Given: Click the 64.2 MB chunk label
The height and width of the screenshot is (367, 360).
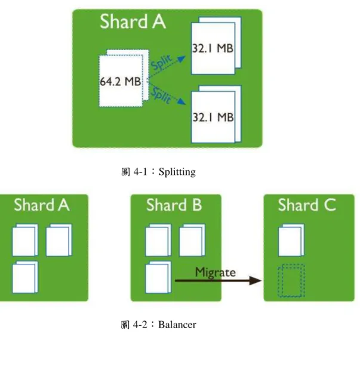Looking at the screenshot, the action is click(x=121, y=81).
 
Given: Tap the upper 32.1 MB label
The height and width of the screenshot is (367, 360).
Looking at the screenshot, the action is click(x=213, y=48).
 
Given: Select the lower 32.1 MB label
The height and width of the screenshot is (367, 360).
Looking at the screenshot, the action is click(x=213, y=117).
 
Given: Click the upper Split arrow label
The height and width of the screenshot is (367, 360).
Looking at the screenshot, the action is click(x=162, y=62).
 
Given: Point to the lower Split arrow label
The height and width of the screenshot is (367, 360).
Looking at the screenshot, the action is click(x=161, y=94).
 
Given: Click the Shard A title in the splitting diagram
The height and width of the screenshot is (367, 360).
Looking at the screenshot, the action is click(x=133, y=21).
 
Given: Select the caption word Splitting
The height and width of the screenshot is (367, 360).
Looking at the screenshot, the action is click(x=177, y=172).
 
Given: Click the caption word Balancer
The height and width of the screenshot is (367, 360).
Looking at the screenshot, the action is click(x=177, y=325).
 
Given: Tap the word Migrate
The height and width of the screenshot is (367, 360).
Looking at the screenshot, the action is click(x=216, y=273).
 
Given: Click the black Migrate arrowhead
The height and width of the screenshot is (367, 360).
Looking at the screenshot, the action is click(x=256, y=280).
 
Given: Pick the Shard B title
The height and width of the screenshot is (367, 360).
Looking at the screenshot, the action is click(x=174, y=205).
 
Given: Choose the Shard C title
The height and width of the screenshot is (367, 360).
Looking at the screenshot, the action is click(x=307, y=205).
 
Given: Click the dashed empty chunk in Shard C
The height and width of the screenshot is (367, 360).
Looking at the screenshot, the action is click(x=291, y=280).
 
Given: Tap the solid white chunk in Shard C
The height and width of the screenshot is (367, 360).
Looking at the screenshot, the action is click(x=291, y=240).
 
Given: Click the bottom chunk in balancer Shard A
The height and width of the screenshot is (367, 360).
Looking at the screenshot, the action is click(x=25, y=277).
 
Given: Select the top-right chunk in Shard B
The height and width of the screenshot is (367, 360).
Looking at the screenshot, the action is click(x=192, y=240).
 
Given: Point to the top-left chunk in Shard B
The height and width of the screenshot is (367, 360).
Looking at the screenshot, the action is click(x=158, y=240).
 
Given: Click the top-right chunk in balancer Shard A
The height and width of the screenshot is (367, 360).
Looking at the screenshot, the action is click(x=59, y=240).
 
